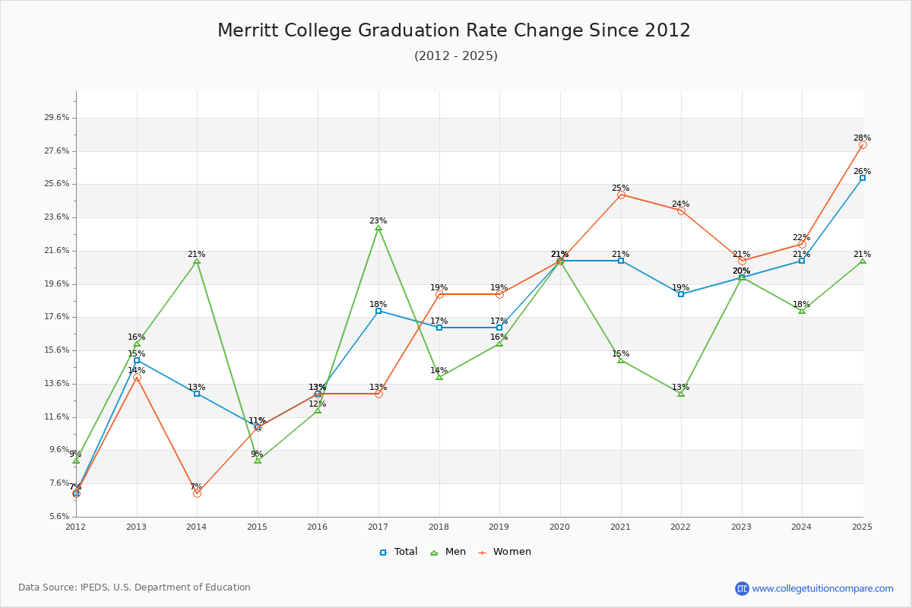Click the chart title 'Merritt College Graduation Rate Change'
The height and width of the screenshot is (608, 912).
coord(454,30)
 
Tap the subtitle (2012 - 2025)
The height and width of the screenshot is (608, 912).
coord(456,56)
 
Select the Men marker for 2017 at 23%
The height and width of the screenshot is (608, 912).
coord(378,228)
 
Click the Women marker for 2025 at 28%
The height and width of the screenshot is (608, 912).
coord(863,144)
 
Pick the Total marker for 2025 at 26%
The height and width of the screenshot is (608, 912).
coord(863,178)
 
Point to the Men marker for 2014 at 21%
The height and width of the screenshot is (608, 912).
coord(197,261)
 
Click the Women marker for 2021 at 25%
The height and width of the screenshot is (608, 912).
coord(621,195)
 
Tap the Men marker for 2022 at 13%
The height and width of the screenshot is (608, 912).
coord(681,393)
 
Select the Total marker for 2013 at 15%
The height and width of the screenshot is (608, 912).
coord(137,360)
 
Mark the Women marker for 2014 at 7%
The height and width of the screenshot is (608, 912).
coord(197,493)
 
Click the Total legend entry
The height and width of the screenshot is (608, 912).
coord(398,552)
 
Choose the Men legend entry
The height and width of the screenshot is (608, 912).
coord(448,552)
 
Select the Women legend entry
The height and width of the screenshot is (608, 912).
coord(505,552)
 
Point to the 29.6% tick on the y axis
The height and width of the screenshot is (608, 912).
coord(57,118)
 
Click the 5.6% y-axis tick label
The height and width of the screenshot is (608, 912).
coord(57,517)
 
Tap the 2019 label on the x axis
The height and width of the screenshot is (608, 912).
coord(499,526)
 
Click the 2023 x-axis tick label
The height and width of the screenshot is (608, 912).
coord(742,526)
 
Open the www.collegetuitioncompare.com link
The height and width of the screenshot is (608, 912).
coord(822,588)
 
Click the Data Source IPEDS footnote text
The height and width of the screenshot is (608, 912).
coord(135,587)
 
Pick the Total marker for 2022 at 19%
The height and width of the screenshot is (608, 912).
coord(681,293)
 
